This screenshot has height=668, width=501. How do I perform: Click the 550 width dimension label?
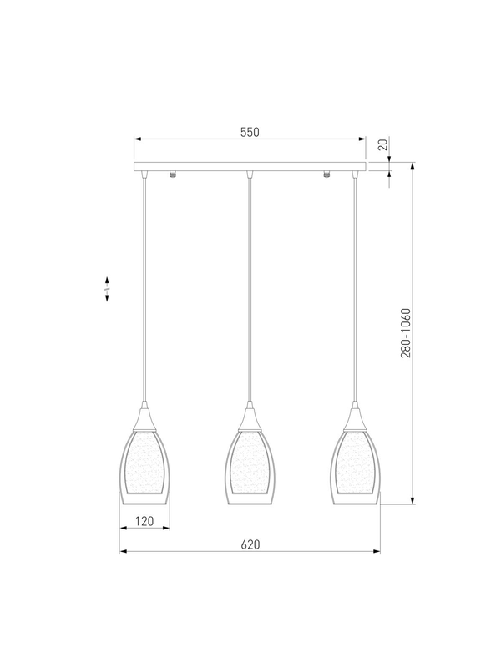coord(250,132)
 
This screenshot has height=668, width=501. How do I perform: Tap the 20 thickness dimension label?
coord(383,144)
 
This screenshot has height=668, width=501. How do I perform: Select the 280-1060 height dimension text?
coord(406,333)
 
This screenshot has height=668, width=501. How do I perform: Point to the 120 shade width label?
coord(144,521)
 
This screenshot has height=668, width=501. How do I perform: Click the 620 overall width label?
coord(250,544)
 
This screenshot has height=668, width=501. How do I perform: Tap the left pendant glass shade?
coord(144,468)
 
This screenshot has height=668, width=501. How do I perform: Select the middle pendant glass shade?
coord(250,468)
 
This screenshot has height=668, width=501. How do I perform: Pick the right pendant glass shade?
coord(356,468)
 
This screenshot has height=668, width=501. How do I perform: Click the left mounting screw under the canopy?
coord(173,175)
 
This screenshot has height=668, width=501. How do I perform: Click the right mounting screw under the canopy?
coord(327,175)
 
